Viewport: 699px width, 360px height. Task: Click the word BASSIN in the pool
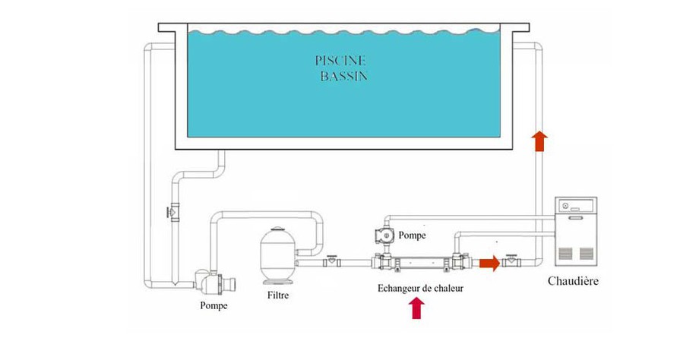(x=343, y=77)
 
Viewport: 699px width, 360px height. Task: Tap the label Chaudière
(x=574, y=281)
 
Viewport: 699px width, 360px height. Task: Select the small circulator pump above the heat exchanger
(x=384, y=236)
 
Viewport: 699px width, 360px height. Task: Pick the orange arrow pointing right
(x=489, y=264)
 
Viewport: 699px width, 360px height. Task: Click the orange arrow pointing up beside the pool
(x=539, y=141)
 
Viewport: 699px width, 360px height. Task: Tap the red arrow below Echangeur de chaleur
(x=416, y=308)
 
